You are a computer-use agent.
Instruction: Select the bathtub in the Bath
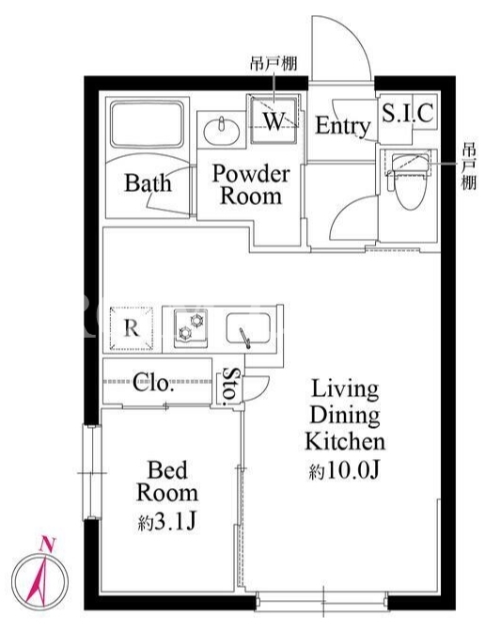click(147, 124)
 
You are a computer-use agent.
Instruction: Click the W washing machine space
click(274, 119)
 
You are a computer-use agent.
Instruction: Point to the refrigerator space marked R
click(132, 328)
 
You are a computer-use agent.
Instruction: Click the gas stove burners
click(191, 327)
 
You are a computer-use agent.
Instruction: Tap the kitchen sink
click(248, 328)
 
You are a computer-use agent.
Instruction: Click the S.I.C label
click(407, 113)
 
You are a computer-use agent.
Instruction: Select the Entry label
click(342, 126)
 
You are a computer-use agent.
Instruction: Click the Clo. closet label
click(153, 382)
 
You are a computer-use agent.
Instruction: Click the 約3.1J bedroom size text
click(166, 523)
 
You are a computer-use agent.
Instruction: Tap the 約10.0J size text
click(345, 470)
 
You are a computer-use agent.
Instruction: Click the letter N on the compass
click(48, 545)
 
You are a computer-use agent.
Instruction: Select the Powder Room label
click(251, 184)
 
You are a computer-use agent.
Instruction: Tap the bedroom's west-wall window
click(92, 472)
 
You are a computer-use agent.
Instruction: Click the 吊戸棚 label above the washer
click(274, 64)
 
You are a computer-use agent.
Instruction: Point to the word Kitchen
click(345, 441)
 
